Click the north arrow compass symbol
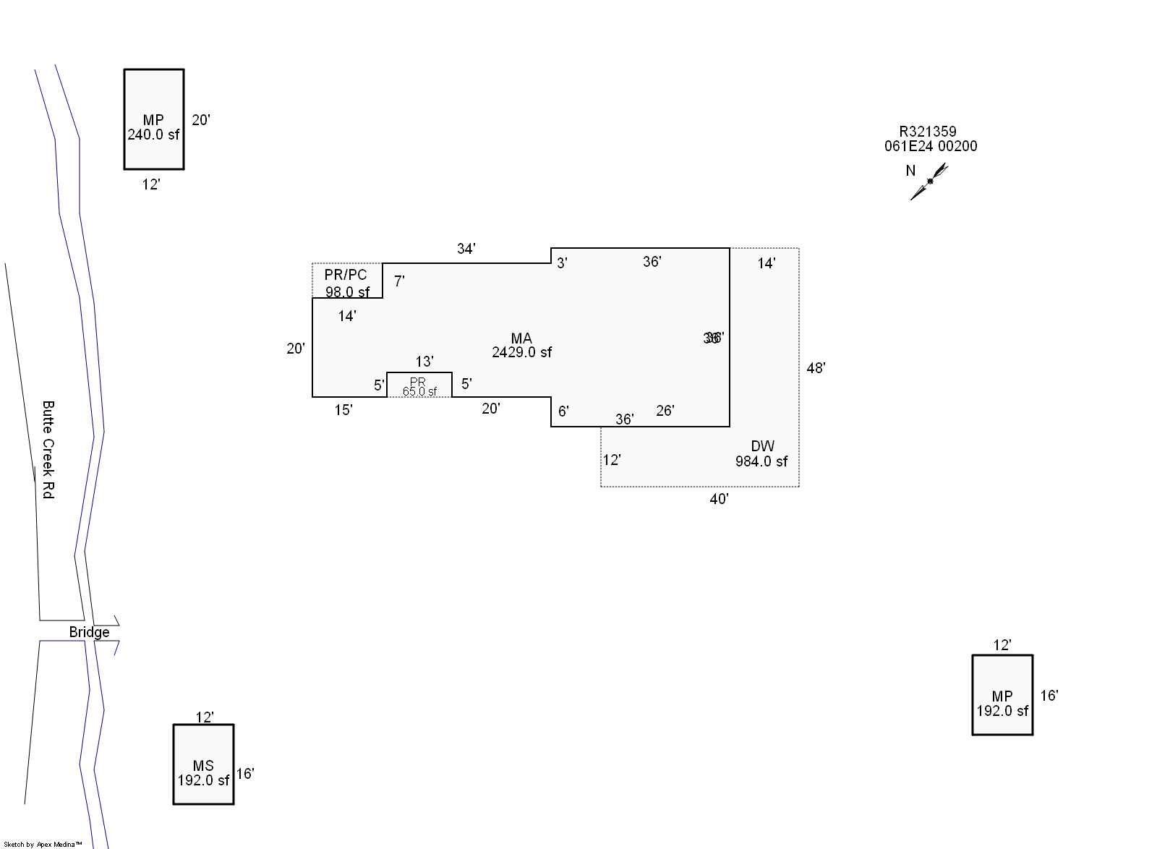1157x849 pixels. pos(929,181)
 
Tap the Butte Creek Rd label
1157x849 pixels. pos(48,449)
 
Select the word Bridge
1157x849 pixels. pos(89,632)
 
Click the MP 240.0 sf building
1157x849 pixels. pos(154,120)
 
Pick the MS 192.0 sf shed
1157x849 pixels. pos(203,764)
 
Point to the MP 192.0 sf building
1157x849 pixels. pos(1002,695)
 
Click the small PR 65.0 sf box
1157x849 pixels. pos(419,385)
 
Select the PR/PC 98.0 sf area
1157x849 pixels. pos(346,282)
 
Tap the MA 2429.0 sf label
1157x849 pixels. pos(521,345)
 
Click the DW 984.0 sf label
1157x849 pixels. pos(761,453)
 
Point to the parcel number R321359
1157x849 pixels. pos(928,132)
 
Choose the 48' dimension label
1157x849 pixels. pos(816,368)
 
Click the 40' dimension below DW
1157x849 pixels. pos(719,499)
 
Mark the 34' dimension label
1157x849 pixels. pos(466,249)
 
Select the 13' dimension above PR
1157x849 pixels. pos(424,362)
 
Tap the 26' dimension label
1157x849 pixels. pos(665,411)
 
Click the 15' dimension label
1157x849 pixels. pos(343,410)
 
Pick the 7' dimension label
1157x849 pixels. pos(399,281)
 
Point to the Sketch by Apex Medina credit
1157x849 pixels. pos(43,844)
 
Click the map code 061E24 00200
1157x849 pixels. pos(931,146)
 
